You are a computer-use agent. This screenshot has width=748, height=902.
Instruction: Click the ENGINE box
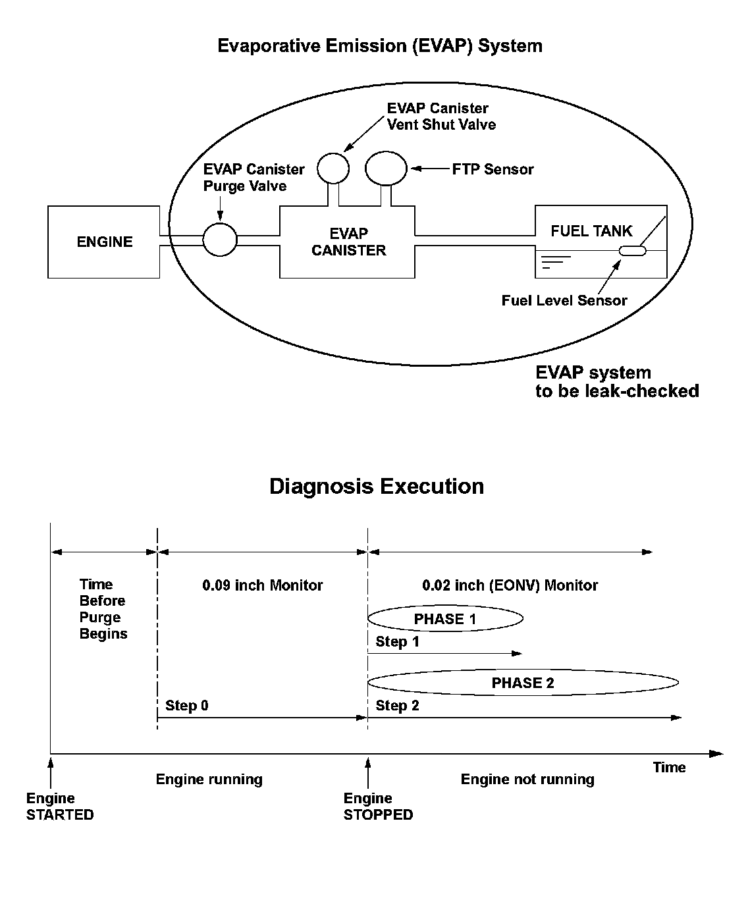(x=104, y=242)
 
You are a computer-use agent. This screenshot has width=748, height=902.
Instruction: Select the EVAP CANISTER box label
(x=348, y=242)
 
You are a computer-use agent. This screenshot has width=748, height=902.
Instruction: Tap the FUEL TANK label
(x=591, y=231)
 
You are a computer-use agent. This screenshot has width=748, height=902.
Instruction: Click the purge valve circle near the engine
(x=219, y=239)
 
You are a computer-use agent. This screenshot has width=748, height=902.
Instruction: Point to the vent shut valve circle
(x=333, y=169)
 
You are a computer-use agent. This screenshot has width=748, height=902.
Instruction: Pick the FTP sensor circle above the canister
(x=387, y=169)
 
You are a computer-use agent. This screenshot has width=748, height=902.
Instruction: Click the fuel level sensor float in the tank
(x=633, y=251)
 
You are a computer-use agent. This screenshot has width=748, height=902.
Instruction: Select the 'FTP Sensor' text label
(x=493, y=169)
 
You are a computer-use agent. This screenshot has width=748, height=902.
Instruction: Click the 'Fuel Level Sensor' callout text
(x=564, y=301)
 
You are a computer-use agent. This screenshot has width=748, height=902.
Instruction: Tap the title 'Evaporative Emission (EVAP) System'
(x=380, y=46)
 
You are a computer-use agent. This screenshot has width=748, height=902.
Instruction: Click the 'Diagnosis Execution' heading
(x=377, y=487)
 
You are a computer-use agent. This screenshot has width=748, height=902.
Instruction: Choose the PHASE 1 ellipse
(x=445, y=619)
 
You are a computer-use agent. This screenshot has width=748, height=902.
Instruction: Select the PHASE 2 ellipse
(x=523, y=683)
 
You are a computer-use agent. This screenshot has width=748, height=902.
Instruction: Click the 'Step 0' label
(x=187, y=706)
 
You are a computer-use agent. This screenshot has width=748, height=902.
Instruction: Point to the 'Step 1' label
(x=397, y=641)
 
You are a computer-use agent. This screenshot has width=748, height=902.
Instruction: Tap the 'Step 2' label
(x=397, y=706)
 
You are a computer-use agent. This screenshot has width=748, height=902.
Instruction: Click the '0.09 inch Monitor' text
(x=263, y=585)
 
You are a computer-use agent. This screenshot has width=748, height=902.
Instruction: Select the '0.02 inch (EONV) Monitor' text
(x=510, y=585)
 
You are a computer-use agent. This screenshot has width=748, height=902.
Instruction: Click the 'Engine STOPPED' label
(x=378, y=807)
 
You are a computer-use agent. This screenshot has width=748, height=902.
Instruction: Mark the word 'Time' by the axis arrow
(x=669, y=768)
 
